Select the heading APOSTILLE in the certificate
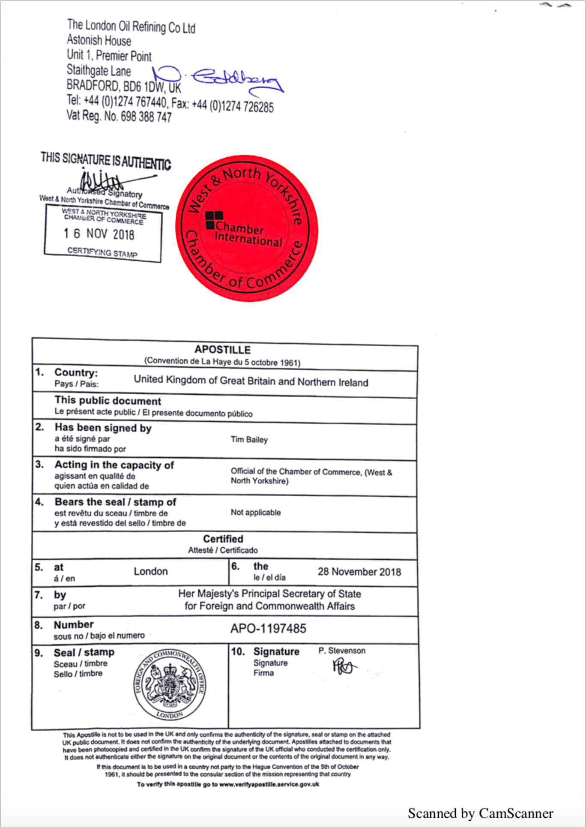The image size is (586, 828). coord(222,350)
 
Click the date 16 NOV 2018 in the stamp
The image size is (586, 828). coord(99,234)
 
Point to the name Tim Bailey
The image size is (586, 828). coord(249,440)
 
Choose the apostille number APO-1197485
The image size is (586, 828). coord(268,629)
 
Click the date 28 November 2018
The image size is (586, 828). coord(359,572)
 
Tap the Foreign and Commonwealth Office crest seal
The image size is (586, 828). coord(170,685)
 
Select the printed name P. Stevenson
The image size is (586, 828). coord(342,651)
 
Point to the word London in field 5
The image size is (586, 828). coord(150,571)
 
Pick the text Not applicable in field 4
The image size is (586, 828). coord(256,513)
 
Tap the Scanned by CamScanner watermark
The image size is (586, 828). coord(480,813)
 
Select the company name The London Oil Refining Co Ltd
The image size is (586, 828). coord(131,27)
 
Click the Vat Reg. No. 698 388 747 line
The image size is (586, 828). coord(119,116)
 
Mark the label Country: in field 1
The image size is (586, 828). coord(76,372)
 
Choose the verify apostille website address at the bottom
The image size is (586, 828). coord(269,784)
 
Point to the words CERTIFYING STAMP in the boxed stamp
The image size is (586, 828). coord(102,252)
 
